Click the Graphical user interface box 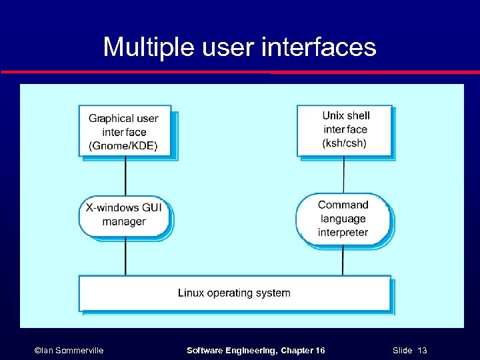click(125, 131)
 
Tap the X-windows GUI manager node click(125, 215)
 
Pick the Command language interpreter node click(343, 219)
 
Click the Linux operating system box click(234, 293)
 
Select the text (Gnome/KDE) click(123, 146)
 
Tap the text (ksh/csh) click(345, 143)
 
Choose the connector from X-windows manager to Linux click(125, 256)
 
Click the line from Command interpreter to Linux click(343, 260)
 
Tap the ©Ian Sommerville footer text click(69, 350)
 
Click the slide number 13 click(421, 350)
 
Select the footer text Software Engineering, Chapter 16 click(255, 350)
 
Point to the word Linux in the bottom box click(191, 293)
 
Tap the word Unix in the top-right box click(333, 115)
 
